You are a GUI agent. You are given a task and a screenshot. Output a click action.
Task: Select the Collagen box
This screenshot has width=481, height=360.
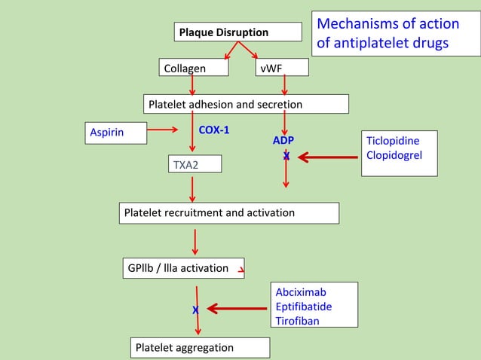193,68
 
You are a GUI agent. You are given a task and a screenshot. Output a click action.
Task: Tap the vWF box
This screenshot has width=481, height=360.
281,68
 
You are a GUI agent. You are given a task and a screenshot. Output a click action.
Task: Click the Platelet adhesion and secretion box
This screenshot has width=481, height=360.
246,104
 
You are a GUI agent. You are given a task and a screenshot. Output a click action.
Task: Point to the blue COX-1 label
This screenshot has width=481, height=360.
213,130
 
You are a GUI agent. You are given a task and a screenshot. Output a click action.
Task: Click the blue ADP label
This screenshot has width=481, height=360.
283,141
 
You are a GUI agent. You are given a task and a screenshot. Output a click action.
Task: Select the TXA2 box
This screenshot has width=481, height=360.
195,163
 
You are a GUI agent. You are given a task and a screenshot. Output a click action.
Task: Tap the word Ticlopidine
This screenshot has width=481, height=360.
392,141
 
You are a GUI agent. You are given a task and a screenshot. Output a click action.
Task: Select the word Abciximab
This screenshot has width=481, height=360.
301,292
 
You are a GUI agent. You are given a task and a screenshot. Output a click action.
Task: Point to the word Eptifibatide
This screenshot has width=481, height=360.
303,307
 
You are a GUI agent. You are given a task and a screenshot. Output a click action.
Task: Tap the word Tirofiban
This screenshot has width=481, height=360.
297,321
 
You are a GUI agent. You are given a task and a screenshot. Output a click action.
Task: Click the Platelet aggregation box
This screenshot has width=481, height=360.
200,347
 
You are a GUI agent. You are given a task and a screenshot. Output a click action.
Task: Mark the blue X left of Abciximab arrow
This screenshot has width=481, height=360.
195,310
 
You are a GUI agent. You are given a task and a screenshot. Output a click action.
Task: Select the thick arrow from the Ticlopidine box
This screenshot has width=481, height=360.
328,157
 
